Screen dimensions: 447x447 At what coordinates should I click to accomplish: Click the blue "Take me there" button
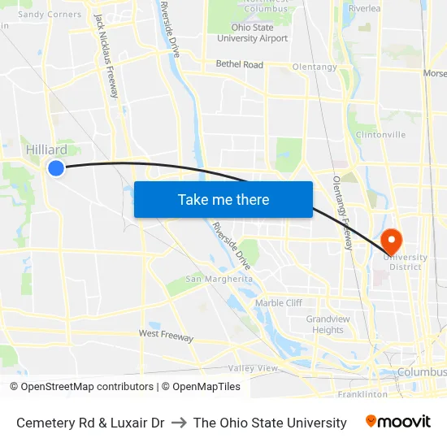[x=223, y=200]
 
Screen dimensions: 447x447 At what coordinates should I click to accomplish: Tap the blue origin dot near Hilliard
[x=55, y=168]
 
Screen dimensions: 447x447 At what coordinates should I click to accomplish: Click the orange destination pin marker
[x=391, y=239]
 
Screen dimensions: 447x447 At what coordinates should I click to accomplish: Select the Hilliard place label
[x=46, y=150]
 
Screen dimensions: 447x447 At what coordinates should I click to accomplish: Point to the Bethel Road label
[x=239, y=64]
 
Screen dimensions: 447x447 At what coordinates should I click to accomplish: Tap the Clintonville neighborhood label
[x=380, y=135]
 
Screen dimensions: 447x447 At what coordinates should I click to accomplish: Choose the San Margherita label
[x=219, y=279]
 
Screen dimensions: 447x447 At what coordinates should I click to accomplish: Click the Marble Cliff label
[x=279, y=303]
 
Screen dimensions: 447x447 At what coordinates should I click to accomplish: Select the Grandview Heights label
[x=328, y=324]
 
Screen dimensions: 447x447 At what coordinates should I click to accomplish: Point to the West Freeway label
[x=166, y=335]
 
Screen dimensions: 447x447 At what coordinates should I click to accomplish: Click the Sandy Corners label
[x=50, y=14]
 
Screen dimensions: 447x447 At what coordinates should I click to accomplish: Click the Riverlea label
[x=363, y=8]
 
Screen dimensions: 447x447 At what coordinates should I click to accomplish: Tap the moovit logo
[x=397, y=422]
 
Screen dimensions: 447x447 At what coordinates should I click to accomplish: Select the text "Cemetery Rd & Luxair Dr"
[x=90, y=423]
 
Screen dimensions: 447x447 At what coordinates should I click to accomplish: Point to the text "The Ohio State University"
[x=270, y=423]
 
